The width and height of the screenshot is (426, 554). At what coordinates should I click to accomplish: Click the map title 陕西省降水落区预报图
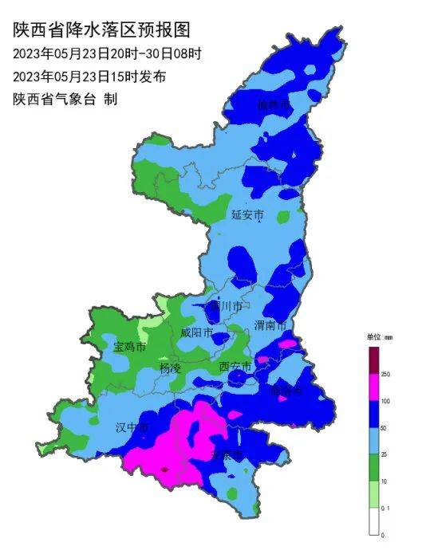coord(103,30)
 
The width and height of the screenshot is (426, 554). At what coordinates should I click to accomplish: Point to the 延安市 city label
coord(247,214)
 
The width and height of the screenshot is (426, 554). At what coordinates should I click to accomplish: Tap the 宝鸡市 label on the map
coord(129,347)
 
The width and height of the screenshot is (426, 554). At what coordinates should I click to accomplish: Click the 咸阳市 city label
coord(196,332)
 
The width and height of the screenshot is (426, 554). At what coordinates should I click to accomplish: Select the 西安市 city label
coord(235,366)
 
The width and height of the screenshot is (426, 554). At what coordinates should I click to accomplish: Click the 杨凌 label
coord(171,368)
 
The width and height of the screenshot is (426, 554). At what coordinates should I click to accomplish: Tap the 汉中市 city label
coord(132,427)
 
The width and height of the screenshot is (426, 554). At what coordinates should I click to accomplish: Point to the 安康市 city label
coord(227,455)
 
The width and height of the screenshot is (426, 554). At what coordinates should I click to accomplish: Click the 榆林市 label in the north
coord(274,104)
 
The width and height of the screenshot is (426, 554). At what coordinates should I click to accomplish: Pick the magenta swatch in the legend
coord(373,387)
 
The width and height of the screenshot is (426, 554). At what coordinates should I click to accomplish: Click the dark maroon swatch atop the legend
coord(373,360)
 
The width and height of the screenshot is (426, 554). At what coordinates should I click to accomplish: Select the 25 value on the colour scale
coord(385,454)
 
